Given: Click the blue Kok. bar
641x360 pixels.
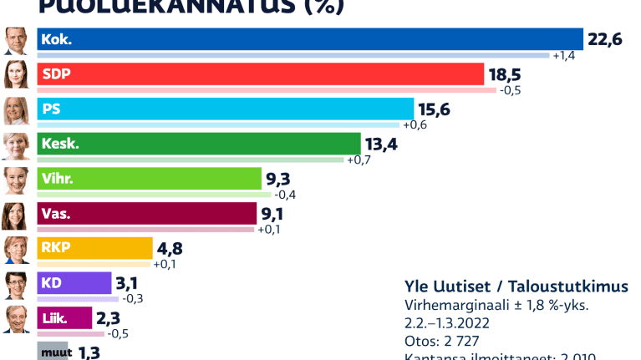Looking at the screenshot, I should tap(309, 39).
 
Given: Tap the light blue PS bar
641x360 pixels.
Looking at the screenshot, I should tap(226, 109).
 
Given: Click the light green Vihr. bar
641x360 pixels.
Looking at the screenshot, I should tap(150, 179).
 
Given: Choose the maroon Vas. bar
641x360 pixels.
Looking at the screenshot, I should tap(147, 214).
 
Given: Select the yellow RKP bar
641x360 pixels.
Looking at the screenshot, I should tap(95, 248).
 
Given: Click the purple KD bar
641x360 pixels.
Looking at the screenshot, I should tap(74, 283).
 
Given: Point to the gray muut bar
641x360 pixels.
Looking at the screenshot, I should tap(53, 352).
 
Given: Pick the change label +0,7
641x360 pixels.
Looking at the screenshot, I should tap(359, 160).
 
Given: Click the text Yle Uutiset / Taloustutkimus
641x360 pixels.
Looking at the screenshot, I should tap(516, 286).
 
